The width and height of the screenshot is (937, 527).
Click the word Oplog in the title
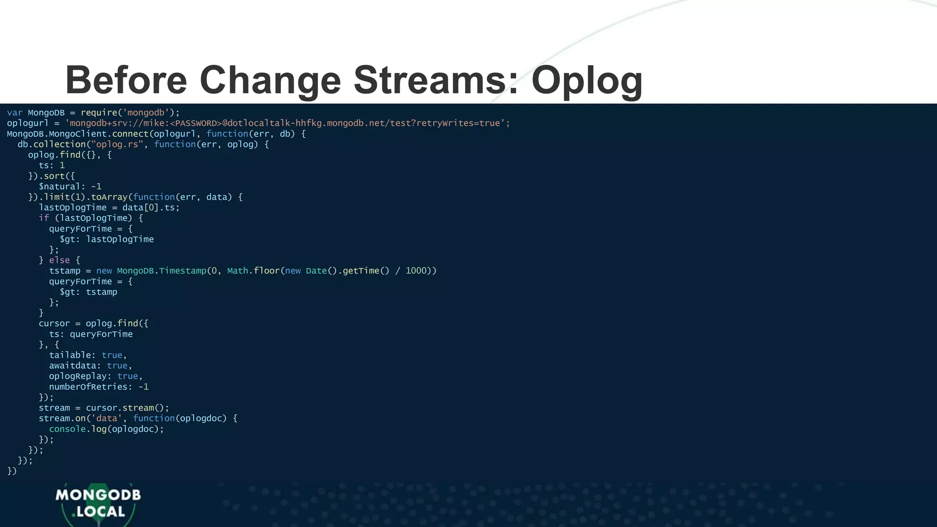[x=587, y=80]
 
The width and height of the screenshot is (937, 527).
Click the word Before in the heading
[x=126, y=80]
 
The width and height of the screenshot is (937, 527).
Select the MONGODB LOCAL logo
[x=98, y=503]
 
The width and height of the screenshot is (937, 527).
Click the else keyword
[x=59, y=260]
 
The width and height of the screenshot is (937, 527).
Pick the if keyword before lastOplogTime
[x=43, y=218]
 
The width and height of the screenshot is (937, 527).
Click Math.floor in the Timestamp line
[x=253, y=270]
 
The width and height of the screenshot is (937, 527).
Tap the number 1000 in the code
[x=416, y=270]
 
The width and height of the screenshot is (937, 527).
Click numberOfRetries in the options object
[x=88, y=387]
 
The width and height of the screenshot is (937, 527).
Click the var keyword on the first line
[x=15, y=113]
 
